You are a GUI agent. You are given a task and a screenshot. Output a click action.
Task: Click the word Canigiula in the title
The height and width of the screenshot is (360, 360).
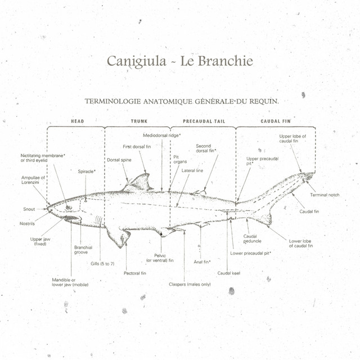click(136, 61)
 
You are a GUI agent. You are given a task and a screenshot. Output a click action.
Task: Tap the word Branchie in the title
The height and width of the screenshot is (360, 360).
click(225, 61)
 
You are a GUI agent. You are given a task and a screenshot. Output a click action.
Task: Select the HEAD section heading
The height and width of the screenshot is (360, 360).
click(78, 121)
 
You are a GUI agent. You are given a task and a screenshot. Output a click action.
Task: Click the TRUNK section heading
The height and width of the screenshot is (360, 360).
click(139, 121)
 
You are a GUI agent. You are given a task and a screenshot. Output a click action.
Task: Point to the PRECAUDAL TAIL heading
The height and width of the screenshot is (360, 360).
click(204, 121)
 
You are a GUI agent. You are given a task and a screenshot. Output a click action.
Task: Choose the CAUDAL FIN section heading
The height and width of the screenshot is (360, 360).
click(276, 121)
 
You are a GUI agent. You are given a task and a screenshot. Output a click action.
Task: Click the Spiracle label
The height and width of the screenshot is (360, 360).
click(87, 172)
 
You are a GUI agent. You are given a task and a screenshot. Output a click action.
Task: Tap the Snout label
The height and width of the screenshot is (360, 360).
click(29, 209)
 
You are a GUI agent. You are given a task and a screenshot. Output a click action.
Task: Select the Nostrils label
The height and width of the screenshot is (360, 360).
click(27, 224)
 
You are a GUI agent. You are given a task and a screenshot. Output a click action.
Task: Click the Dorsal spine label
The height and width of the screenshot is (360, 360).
click(119, 160)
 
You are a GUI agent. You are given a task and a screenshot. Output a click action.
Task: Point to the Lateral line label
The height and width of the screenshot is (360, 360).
click(192, 170)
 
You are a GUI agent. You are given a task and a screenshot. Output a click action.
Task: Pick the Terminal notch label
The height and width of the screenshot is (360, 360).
click(325, 195)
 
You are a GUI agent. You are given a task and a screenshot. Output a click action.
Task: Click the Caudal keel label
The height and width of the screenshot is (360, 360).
click(229, 273)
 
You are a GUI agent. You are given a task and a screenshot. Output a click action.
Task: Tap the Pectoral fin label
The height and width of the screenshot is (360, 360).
click(135, 273)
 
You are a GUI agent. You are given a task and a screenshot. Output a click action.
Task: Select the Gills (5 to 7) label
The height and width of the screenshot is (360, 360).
click(102, 264)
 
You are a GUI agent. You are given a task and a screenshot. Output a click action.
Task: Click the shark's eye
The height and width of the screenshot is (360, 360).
click(69, 208)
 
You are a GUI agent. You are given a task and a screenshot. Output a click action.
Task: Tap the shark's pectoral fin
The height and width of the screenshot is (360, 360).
click(119, 236)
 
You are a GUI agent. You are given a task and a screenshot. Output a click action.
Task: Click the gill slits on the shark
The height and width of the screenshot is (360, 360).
click(99, 220)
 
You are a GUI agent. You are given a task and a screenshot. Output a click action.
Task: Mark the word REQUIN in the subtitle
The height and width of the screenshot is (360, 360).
click(264, 101)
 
